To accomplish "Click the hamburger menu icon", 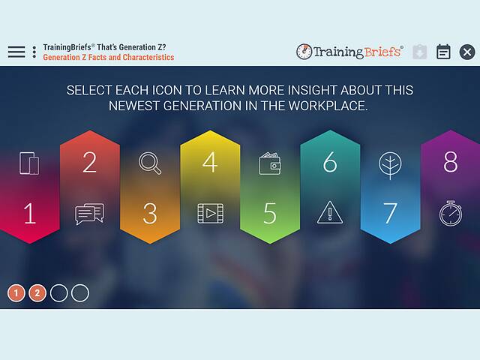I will tap(16, 52).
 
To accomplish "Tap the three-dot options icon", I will tap(34, 52).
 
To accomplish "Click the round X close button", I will tap(466, 52).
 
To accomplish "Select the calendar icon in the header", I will tap(444, 52).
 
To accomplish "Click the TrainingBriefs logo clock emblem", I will tap(304, 52).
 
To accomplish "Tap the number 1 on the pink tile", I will tap(29, 214).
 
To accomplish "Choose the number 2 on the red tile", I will tap(89, 163).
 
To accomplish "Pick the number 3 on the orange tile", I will tap(150, 214).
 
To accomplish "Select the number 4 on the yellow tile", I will tap(210, 163).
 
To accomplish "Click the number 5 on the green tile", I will tap(270, 214).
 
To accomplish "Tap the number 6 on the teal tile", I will tap(330, 163).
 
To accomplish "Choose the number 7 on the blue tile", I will tap(390, 214).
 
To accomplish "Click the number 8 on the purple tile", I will tap(450, 163).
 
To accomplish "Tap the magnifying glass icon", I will tap(150, 163).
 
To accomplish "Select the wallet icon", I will tap(270, 163).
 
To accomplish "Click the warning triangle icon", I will tap(330, 213).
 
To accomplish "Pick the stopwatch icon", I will tap(450, 213).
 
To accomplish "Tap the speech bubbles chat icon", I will tap(89, 214).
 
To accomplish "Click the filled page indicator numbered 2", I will tap(37, 293).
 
